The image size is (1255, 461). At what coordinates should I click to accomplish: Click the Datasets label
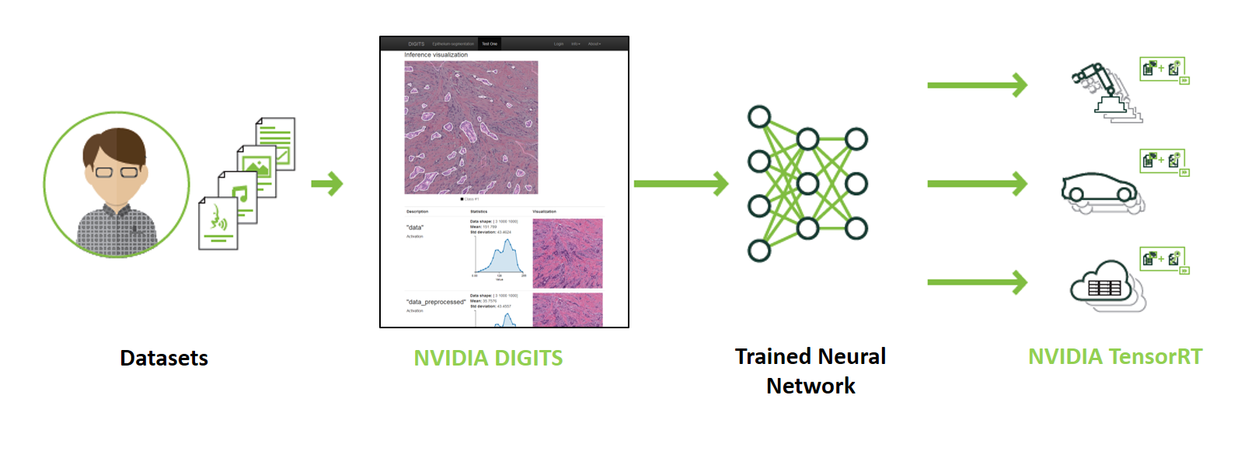[164, 358]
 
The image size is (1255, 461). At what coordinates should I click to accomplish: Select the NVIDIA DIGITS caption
[488, 358]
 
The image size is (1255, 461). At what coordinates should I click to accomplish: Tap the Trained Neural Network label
[810, 371]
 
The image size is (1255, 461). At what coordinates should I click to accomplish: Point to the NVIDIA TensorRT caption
[1114, 356]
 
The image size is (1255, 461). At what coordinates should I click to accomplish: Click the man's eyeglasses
[117, 172]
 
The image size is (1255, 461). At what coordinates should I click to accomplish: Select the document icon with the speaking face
[218, 224]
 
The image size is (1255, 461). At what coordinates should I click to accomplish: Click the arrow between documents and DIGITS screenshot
[327, 184]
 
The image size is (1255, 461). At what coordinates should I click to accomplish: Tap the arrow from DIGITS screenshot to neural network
[681, 184]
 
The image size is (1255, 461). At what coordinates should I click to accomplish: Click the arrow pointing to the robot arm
[977, 85]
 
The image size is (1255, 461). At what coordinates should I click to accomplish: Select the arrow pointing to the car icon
[977, 184]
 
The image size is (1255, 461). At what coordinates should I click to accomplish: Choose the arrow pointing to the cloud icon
[977, 282]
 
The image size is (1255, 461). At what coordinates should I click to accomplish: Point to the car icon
[1099, 190]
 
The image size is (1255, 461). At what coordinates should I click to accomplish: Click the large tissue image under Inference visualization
[471, 127]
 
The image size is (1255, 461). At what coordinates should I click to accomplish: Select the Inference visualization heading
[436, 55]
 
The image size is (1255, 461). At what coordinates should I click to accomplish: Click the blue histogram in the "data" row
[500, 257]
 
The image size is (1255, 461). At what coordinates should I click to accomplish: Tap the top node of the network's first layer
[759, 117]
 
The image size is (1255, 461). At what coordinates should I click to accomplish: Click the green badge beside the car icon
[1163, 161]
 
